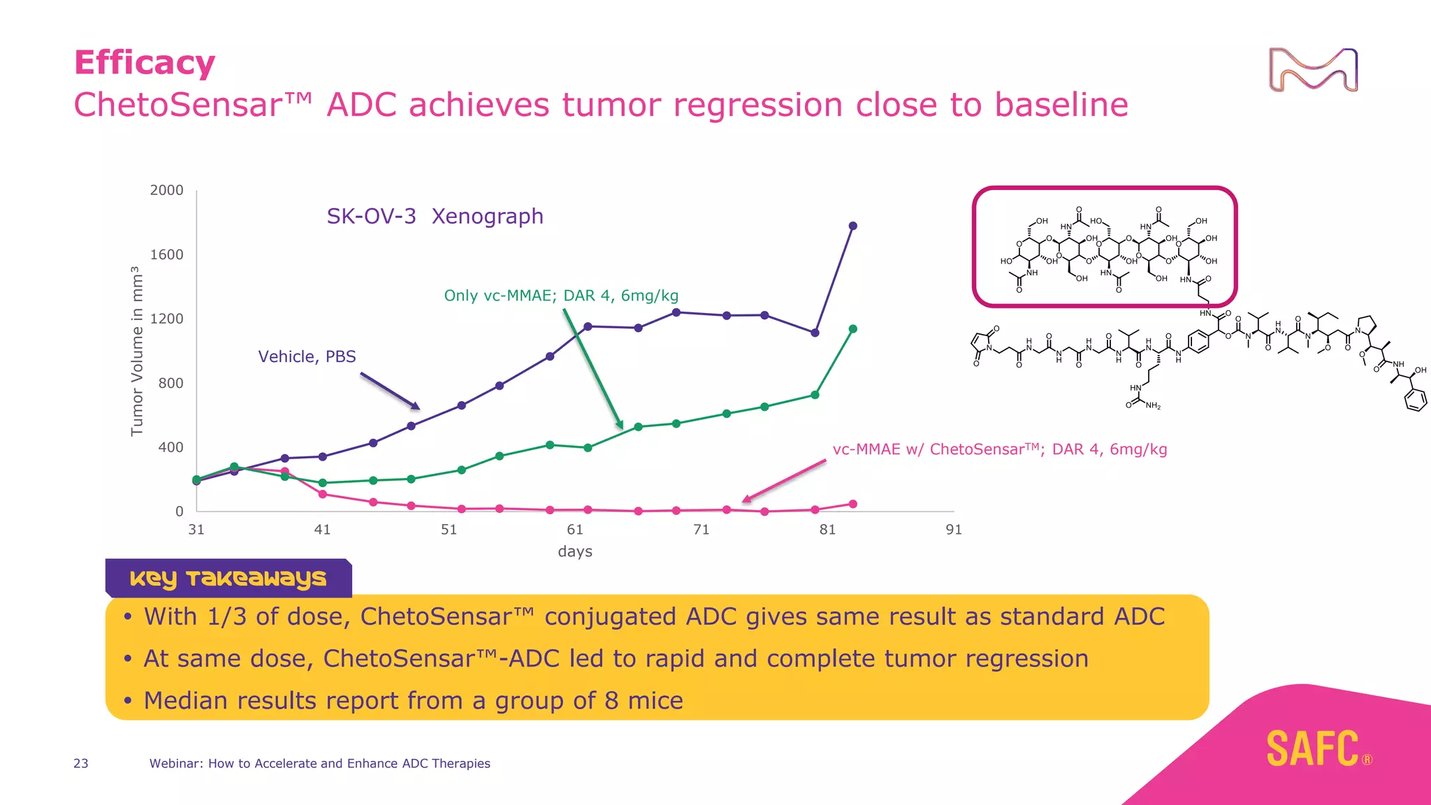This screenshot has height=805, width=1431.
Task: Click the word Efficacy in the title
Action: click(x=145, y=63)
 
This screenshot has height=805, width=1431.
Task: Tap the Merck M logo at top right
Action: click(x=1313, y=70)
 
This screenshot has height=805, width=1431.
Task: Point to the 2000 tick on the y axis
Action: click(x=166, y=190)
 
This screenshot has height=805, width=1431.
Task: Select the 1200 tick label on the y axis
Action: click(x=166, y=319)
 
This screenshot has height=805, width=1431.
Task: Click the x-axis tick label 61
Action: click(x=574, y=530)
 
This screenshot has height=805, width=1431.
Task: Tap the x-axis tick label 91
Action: click(x=953, y=530)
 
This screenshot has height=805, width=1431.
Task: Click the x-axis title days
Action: click(x=574, y=551)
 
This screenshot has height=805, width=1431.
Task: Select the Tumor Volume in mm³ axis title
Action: click(x=137, y=351)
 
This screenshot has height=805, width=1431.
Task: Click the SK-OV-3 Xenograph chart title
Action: click(x=435, y=217)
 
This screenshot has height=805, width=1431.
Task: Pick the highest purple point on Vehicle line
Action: click(x=852, y=226)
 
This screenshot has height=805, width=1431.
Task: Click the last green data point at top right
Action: click(x=852, y=328)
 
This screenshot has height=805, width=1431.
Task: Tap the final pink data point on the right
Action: click(x=852, y=504)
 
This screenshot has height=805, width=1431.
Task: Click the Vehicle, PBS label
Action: click(x=307, y=356)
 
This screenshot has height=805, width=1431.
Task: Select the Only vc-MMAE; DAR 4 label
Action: click(x=561, y=296)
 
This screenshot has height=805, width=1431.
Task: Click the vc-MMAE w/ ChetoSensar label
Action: click(x=999, y=449)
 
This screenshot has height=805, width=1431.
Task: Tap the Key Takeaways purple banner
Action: click(x=228, y=578)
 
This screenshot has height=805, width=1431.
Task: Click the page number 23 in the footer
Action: click(x=81, y=763)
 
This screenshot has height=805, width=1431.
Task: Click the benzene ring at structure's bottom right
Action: click(x=1416, y=400)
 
